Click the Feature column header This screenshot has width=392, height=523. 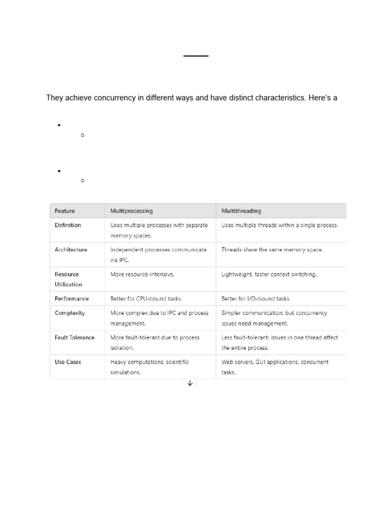coord(65,211)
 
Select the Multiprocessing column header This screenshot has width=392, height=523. coord(132,211)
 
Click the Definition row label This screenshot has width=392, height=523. coord(68,225)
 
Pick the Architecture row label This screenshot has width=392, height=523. coord(71,250)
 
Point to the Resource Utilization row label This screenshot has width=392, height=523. coord(68,279)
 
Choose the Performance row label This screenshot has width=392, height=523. coord(71,299)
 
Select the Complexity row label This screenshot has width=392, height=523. coord(70,313)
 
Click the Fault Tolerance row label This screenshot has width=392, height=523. coord(75,338)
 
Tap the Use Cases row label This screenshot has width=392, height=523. coord(68,362)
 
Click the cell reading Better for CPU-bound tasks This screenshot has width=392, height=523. coord(146,299)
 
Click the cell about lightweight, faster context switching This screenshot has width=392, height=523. coord(269,274)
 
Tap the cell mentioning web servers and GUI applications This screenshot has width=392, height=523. coord(275,367)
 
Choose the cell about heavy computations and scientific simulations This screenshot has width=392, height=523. coord(150,367)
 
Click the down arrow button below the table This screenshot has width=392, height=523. coord(190,383)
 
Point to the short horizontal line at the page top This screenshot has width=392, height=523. coord(196,55)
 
